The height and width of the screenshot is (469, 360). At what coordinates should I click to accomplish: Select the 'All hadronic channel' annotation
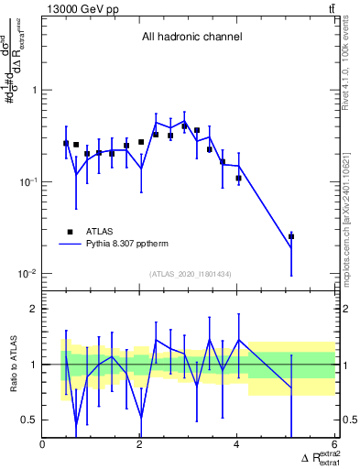191,38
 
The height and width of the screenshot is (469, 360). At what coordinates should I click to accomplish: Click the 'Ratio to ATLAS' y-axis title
13,364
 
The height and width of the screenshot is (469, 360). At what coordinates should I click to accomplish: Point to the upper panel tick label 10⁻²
27,274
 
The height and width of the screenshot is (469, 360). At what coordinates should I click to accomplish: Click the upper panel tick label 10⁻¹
27,181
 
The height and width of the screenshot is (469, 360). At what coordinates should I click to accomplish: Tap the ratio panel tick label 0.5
29,420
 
